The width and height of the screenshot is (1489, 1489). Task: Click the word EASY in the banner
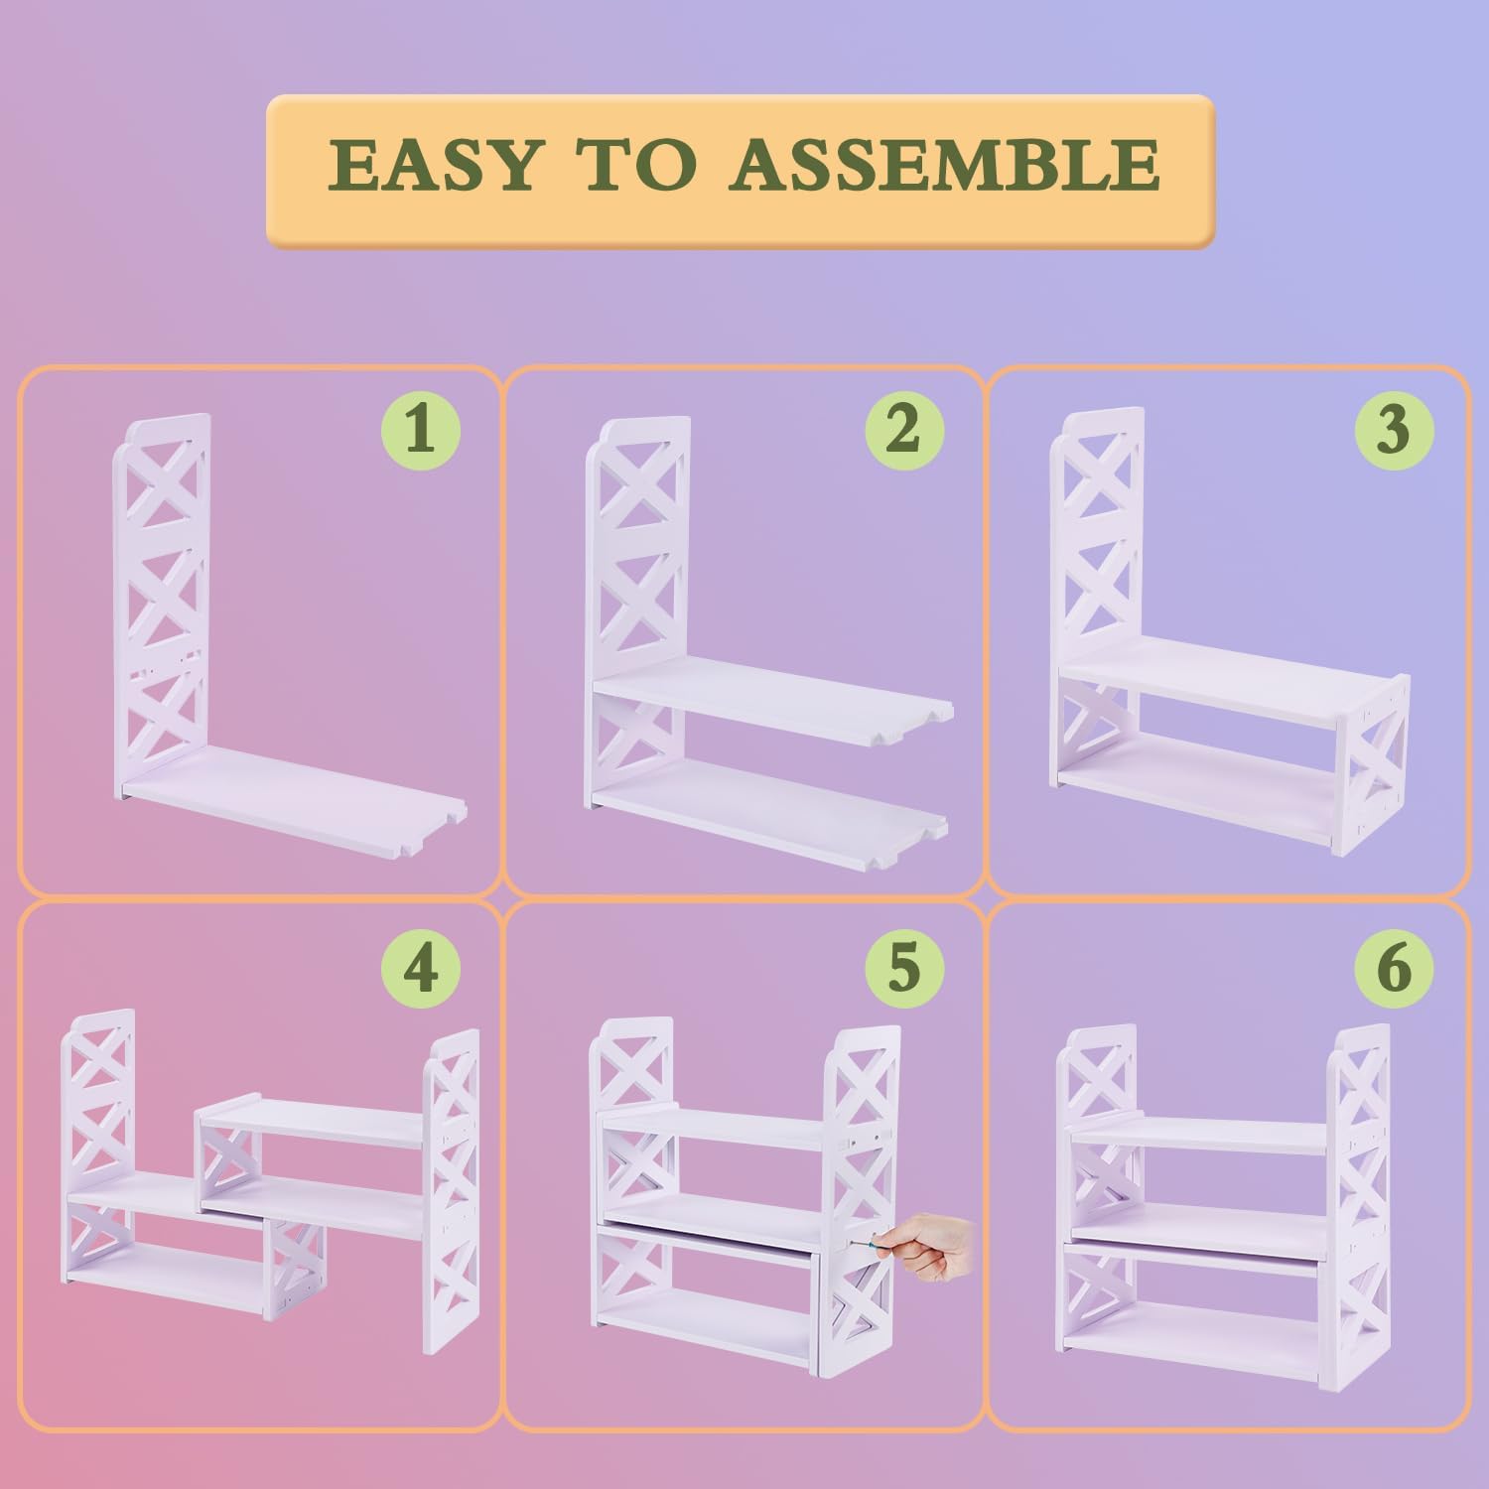coord(438,165)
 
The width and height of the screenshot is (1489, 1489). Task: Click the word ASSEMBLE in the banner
coord(944,165)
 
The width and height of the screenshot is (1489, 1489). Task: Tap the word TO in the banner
coord(636,165)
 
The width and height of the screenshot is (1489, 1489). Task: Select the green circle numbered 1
coord(421,430)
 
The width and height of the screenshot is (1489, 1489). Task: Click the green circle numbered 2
coord(903,430)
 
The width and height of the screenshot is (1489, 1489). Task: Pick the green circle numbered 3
coord(1394,430)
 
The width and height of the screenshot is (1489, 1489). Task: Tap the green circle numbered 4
coord(421,966)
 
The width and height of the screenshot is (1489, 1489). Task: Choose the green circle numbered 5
coord(903,966)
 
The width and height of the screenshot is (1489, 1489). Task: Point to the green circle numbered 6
coord(1394,966)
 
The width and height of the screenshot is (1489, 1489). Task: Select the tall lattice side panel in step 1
coord(163,601)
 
